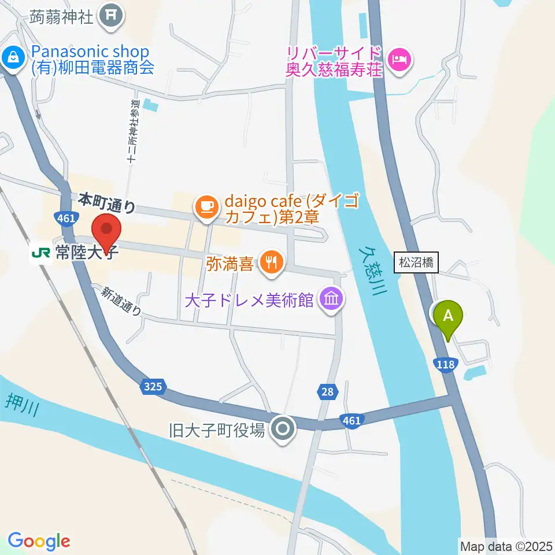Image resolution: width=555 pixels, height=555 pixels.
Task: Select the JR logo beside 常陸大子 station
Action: (41, 253)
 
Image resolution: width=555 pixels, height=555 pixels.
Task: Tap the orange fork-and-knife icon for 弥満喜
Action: (269, 260)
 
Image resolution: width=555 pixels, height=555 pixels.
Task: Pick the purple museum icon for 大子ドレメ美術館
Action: (332, 299)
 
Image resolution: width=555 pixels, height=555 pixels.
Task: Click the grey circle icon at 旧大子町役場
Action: (283, 429)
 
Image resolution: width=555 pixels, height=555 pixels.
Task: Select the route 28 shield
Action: (328, 392)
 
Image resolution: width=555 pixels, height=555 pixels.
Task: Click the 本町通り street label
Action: (108, 203)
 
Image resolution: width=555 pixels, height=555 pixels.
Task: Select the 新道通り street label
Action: (121, 301)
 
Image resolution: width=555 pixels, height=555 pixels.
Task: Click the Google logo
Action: (39, 541)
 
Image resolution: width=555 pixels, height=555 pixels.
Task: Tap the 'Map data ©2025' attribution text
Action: (505, 545)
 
